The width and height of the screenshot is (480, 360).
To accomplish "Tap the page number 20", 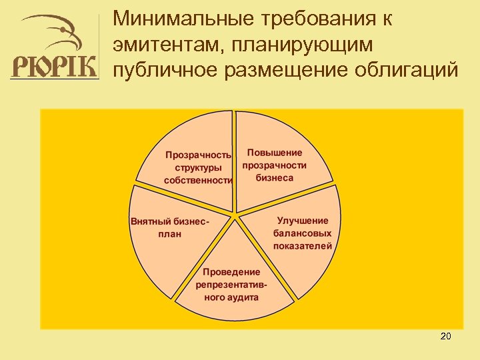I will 446,336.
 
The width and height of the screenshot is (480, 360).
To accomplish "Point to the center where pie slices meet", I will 235,215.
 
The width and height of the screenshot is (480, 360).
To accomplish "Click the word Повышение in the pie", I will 275,153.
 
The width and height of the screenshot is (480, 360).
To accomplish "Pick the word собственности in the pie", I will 199,180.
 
